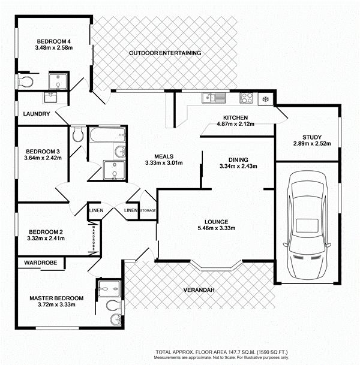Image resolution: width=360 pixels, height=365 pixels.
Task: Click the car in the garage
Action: (x=307, y=225)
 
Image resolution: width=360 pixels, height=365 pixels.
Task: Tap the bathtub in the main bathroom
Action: (x=107, y=134)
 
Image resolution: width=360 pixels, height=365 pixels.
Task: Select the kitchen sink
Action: (x=214, y=98)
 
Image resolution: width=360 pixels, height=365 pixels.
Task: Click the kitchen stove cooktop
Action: (x=247, y=98)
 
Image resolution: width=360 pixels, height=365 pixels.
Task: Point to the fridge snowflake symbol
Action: (x=265, y=99)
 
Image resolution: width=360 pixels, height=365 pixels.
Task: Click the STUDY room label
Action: (x=312, y=137)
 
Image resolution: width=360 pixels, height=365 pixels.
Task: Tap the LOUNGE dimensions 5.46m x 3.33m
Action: (x=217, y=228)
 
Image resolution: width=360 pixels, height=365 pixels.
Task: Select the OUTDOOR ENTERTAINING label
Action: (x=165, y=53)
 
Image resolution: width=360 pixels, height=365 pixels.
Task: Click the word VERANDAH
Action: (x=199, y=290)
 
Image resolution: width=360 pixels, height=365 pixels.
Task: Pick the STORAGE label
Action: (x=148, y=210)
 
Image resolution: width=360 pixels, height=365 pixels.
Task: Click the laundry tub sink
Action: (x=50, y=98)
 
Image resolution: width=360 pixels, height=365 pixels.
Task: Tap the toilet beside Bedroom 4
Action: (x=25, y=82)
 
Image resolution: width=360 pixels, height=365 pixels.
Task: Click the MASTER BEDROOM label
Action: (x=56, y=298)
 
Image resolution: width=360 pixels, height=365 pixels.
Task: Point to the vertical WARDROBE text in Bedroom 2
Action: (x=94, y=238)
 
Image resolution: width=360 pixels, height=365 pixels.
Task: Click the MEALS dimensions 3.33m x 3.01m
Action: (x=164, y=163)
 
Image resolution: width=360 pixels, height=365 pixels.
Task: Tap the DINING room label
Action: (x=238, y=160)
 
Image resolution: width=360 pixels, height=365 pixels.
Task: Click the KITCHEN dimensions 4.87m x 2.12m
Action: (x=235, y=124)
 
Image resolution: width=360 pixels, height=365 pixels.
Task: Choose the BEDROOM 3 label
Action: (x=43, y=152)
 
